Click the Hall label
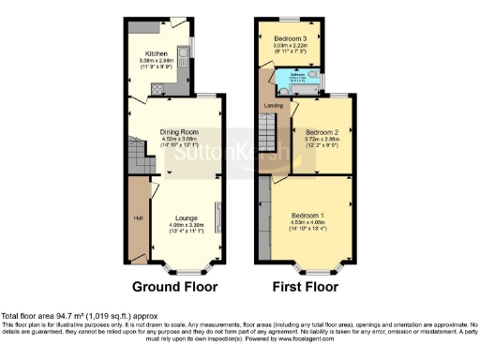pos(138,218)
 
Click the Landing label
pos(273,105)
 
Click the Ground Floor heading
pos(174,286)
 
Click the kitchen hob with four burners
pos(157,90)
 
